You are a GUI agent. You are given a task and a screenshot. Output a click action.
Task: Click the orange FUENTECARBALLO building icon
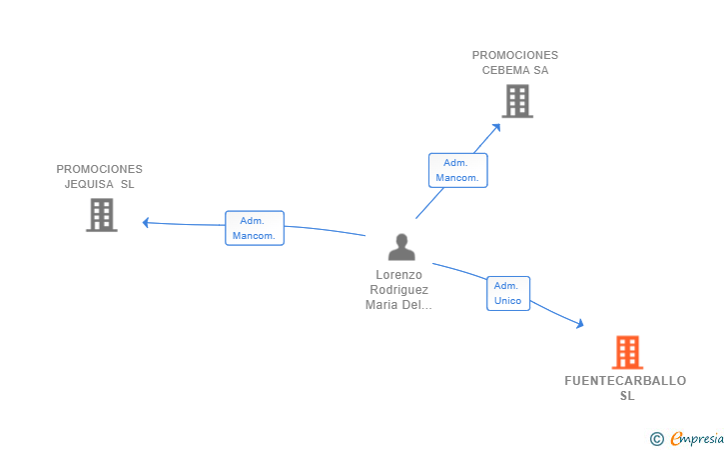(627, 352)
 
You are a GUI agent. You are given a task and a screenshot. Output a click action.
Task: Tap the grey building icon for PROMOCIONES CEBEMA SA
(517, 101)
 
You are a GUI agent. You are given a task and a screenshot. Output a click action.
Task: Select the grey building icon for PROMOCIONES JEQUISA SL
(102, 215)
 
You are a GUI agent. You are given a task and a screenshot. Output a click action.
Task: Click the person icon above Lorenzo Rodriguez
(401, 247)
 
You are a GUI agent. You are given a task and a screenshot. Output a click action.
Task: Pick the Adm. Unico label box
(508, 293)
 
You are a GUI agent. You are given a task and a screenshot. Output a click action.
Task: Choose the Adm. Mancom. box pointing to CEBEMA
(458, 170)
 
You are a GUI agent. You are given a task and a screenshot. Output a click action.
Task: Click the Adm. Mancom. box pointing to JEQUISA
(255, 228)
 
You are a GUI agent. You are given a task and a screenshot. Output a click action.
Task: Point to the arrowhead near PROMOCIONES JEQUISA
(145, 223)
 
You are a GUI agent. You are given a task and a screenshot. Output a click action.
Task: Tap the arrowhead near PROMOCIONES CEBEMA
(496, 127)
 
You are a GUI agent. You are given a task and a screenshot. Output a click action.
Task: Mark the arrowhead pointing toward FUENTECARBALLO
(579, 323)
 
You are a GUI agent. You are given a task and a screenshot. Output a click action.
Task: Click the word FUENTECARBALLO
(625, 381)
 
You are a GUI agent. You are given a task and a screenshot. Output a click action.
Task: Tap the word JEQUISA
(89, 184)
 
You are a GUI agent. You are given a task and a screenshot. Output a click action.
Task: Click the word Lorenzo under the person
(398, 275)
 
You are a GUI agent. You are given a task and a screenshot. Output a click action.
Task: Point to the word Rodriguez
(398, 290)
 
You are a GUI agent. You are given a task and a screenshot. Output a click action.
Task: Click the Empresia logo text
(697, 438)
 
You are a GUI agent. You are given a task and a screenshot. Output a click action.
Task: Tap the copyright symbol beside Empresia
(657, 438)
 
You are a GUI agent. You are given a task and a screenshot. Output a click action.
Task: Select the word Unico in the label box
(507, 301)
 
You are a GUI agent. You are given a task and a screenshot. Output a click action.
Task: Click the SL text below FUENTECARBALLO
(627, 396)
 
